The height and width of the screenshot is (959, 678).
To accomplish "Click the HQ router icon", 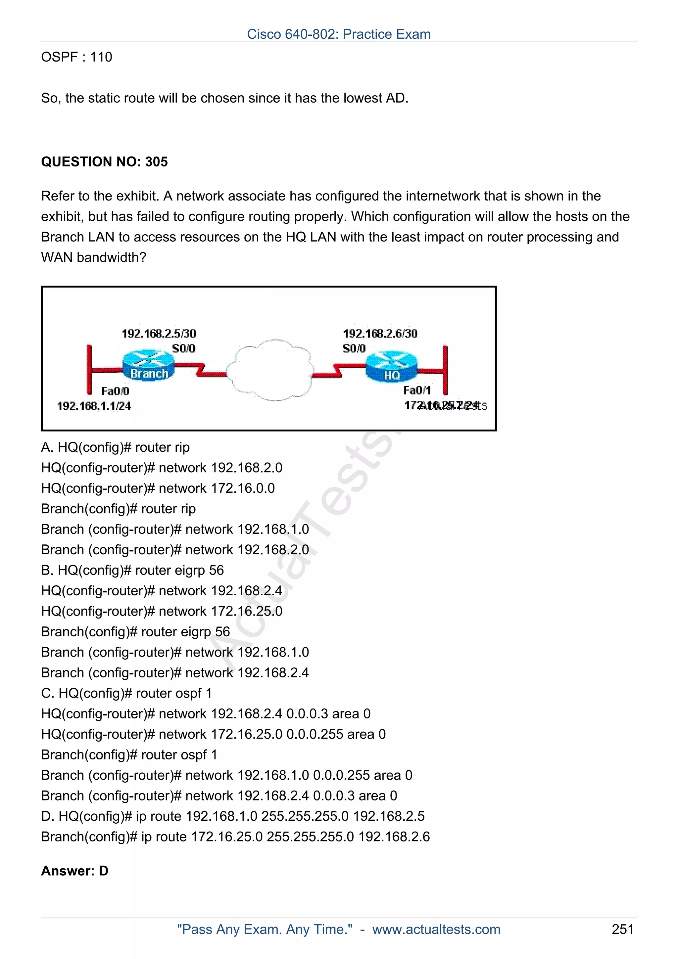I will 391,366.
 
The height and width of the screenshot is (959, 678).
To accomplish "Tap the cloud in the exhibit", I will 271,370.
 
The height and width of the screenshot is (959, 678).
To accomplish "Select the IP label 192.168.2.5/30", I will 159,333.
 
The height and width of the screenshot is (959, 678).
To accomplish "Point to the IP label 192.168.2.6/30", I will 380,333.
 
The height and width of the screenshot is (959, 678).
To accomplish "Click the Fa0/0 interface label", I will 115,391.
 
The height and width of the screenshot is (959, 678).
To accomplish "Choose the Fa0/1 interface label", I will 417,390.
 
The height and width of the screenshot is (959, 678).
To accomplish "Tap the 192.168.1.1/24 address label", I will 94,406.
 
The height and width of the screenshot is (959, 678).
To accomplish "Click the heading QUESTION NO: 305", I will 104,161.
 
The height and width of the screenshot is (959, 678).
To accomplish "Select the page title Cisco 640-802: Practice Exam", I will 339,34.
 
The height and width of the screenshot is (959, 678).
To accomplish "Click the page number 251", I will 622,929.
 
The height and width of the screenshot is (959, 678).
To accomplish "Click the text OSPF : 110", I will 77,57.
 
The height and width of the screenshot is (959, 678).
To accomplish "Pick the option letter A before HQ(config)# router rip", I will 46,447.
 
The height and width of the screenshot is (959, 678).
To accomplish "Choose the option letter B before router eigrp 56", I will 46,570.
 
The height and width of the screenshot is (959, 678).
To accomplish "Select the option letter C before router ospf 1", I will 46,693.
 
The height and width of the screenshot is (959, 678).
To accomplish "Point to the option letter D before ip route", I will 46,816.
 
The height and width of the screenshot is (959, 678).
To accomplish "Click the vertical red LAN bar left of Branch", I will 89,370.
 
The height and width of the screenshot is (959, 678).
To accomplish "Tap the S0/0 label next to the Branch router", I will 183,348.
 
